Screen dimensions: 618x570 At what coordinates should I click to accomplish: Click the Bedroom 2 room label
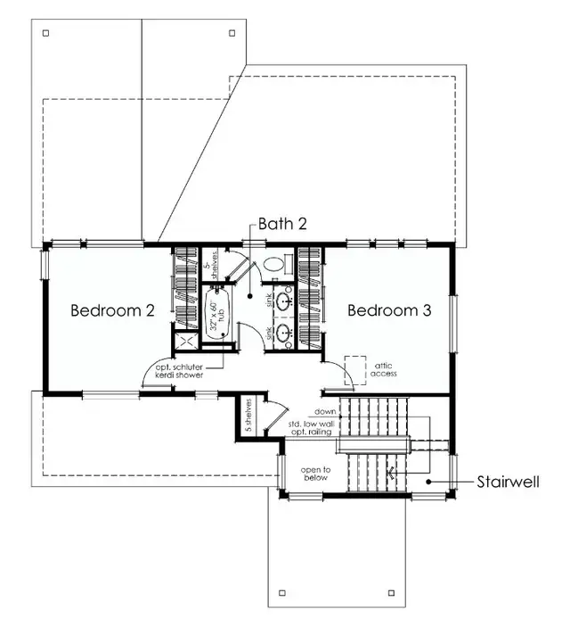click(x=113, y=310)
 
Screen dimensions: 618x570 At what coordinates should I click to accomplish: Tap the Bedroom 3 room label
click(x=389, y=310)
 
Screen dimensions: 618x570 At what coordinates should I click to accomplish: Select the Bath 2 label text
click(x=282, y=224)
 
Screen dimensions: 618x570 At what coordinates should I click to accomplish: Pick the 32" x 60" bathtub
click(x=217, y=314)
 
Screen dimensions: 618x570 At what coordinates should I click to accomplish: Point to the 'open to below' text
click(x=314, y=474)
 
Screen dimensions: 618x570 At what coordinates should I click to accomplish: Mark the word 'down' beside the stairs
click(x=323, y=411)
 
